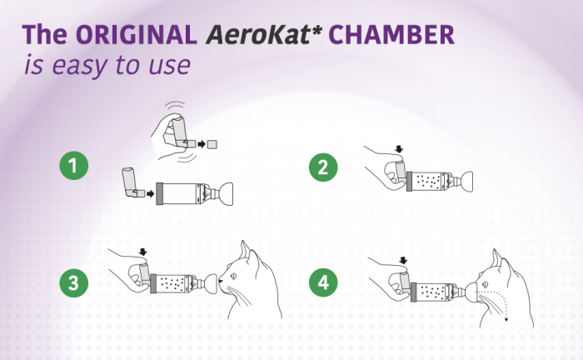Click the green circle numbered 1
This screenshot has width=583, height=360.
click(x=75, y=167)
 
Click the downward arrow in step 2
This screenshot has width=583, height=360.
click(x=398, y=150)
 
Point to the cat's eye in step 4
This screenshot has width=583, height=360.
click(x=501, y=277)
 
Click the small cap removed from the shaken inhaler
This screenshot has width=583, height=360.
click(x=212, y=144)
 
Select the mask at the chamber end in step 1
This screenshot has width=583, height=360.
click(x=222, y=192)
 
